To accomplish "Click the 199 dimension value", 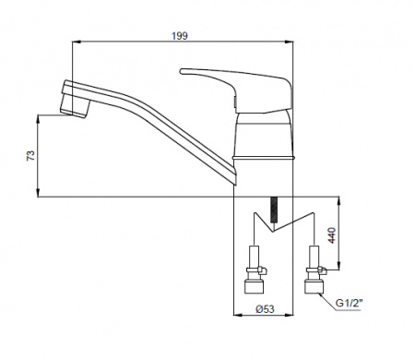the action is pyautogui.click(x=180, y=36).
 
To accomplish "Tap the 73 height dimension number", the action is pyautogui.click(x=31, y=156).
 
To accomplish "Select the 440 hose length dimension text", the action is pyautogui.click(x=332, y=235).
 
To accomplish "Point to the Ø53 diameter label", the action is pyautogui.click(x=265, y=308).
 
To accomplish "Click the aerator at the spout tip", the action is pyautogui.click(x=75, y=108).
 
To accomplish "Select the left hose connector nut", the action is pyautogui.click(x=254, y=286).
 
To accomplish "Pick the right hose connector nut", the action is pyautogui.click(x=314, y=286).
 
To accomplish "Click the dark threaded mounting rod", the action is pyautogui.click(x=273, y=210).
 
